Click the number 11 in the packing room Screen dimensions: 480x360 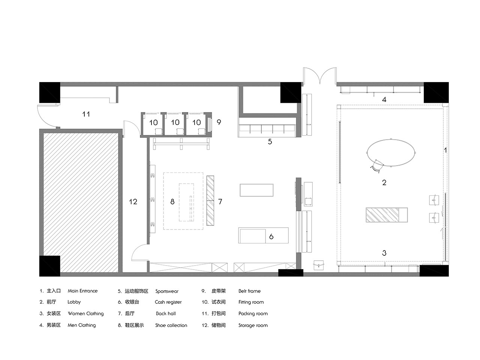coord(86,114)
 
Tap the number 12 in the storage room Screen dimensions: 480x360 coord(133,201)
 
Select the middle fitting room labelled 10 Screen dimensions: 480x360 coord(175,122)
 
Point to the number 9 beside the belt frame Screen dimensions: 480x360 coord(219,122)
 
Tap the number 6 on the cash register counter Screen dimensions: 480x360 coord(271,237)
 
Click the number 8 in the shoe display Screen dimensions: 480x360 coord(172,201)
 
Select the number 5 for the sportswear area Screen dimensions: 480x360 coord(270,142)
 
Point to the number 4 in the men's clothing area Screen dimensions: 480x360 coord(384,100)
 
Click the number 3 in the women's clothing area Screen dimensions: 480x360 coord(384,253)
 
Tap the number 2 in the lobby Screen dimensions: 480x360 coord(384,183)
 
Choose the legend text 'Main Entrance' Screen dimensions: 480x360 coord(82,291)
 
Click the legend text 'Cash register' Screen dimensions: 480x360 coord(168,302)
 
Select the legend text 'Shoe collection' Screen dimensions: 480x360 coord(171,325)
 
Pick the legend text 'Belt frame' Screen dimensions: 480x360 coord(249,291)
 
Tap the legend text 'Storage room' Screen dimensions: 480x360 coord(253,325)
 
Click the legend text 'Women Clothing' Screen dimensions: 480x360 coord(86,313)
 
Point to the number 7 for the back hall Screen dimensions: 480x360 coord(220,201)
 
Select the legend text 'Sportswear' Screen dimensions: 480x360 coord(167,291)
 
